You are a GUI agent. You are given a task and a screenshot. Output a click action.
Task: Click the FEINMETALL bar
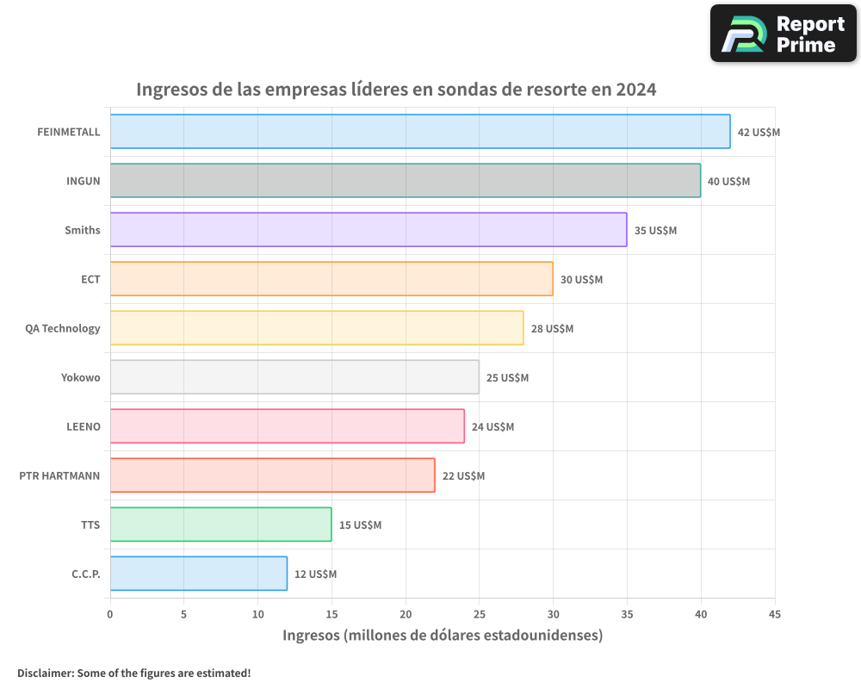tap(420, 132)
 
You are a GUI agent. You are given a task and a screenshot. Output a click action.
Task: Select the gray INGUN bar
tap(405, 181)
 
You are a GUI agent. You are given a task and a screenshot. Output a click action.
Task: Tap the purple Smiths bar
tap(369, 230)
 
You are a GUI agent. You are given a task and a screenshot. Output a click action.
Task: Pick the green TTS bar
tap(220, 525)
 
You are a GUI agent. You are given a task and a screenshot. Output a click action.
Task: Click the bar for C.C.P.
tap(198, 574)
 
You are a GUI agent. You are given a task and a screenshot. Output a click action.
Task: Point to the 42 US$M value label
tap(759, 133)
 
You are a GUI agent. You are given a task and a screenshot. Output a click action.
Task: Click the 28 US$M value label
tap(552, 329)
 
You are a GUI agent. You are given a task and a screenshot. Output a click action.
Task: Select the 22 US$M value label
tap(463, 476)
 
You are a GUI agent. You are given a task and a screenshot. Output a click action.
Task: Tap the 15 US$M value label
tap(360, 525)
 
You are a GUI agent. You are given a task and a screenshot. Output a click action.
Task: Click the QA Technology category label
tap(63, 328)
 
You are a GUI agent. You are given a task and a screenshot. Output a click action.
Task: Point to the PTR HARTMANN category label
tap(59, 475)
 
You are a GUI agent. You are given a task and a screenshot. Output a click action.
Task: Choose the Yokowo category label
tap(80, 377)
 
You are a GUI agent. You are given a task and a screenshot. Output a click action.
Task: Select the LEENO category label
tap(84, 426)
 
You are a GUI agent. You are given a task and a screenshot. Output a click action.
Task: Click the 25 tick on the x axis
tap(480, 615)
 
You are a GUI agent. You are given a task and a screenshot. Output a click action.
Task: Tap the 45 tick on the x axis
tap(775, 615)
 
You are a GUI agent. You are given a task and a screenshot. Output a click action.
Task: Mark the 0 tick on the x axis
tap(110, 615)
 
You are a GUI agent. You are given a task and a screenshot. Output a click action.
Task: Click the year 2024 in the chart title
tap(635, 90)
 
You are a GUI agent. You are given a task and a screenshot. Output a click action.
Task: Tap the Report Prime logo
tap(784, 34)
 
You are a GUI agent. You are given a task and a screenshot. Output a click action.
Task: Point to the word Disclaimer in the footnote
tap(44, 673)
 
